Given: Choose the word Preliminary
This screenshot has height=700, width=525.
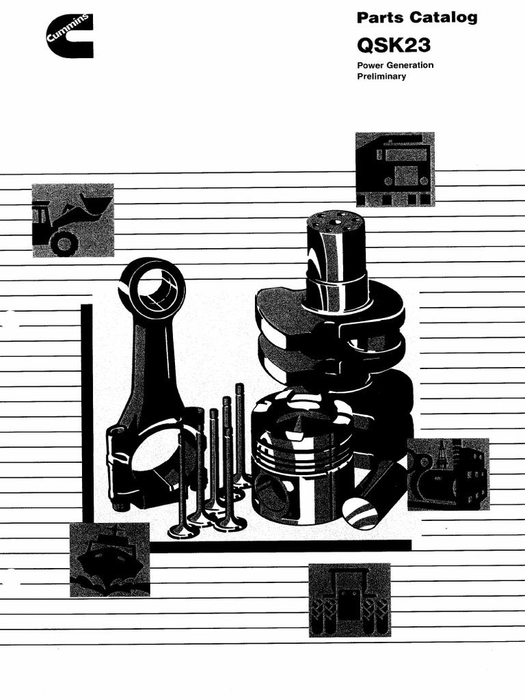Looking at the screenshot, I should coord(381,77).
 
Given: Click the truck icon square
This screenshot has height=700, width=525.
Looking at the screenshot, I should coord(394,169).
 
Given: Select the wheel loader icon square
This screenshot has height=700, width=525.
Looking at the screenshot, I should coord(72,219).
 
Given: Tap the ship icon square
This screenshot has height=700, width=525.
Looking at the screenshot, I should coord(109,559).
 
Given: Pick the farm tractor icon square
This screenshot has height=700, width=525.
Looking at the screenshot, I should coord(349,600).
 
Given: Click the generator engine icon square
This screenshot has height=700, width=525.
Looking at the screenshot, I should coord(448,474).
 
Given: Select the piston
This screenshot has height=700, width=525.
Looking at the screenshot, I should coord(301,455).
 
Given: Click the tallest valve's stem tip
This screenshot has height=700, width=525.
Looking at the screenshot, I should coord(239,387).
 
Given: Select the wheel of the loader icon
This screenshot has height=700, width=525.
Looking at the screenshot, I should coord(64,243).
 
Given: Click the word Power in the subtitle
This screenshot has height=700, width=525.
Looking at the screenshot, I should coord(370,66).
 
